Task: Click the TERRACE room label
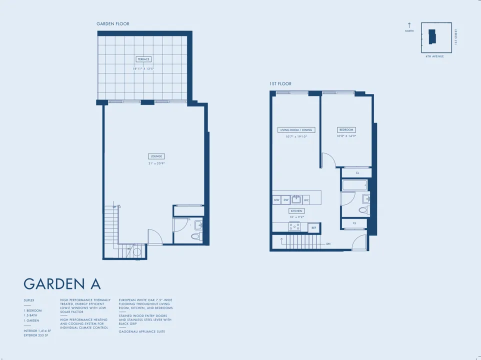tap(143, 59)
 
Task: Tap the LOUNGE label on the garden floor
tap(156, 156)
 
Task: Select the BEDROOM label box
tap(346, 130)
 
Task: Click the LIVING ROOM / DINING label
tap(296, 130)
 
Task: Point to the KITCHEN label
tap(296, 211)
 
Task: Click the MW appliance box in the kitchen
tap(276, 200)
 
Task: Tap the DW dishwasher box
tap(286, 200)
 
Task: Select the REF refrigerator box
tap(314, 228)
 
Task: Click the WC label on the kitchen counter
tap(306, 200)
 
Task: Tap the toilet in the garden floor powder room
tap(196, 236)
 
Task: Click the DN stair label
tap(328, 244)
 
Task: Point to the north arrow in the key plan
tap(409, 25)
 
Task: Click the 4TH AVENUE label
tap(434, 56)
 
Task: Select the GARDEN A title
tap(62, 284)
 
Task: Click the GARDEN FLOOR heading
tap(113, 24)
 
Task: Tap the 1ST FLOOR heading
tap(280, 84)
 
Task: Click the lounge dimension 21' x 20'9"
tap(156, 163)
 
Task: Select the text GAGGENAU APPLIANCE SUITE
tap(142, 331)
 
